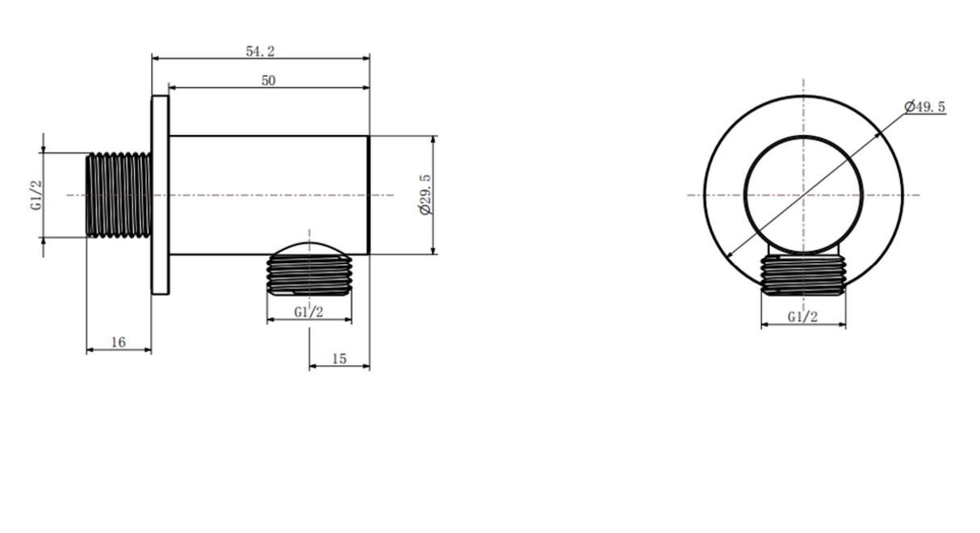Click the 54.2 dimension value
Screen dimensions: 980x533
coord(260,51)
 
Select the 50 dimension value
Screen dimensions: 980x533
coord(269,81)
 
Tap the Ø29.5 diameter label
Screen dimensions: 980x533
coord(425,195)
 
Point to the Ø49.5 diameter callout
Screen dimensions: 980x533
coord(925,107)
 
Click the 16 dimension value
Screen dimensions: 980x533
coord(119,342)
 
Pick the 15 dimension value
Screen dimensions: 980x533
coord(339,359)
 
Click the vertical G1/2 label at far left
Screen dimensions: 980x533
coord(37,195)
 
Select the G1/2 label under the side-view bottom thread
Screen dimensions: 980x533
coord(309,312)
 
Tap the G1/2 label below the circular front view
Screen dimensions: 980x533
coord(803,317)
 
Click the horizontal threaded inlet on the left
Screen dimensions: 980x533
coord(119,195)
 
